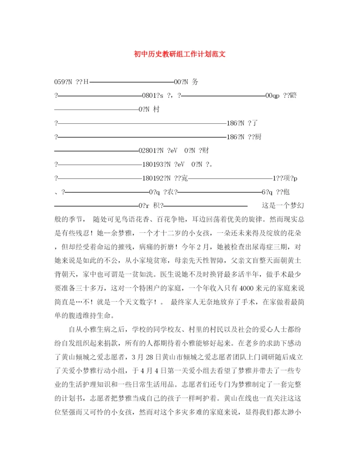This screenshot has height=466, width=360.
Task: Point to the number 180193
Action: [152, 165]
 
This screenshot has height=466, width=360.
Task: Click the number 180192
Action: [152, 178]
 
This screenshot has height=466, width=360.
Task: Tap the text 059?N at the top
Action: [63, 82]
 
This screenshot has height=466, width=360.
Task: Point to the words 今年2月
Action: [199, 247]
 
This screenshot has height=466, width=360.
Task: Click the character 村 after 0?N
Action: [157, 109]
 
